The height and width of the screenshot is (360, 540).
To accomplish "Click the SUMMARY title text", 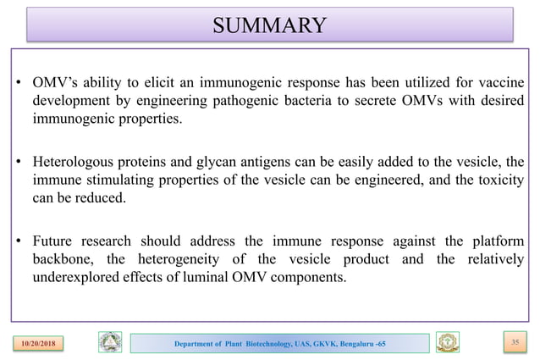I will pyautogui.click(x=269, y=24).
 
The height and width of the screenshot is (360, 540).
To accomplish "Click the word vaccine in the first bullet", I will pyautogui.click(x=498, y=85).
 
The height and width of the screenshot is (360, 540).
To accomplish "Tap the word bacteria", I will pyautogui.click(x=295, y=102).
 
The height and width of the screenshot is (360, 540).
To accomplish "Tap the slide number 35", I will pyautogui.click(x=509, y=341).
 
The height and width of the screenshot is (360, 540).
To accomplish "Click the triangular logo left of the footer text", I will pyautogui.click(x=110, y=341).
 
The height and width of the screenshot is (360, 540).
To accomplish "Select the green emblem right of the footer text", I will pyautogui.click(x=448, y=341).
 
